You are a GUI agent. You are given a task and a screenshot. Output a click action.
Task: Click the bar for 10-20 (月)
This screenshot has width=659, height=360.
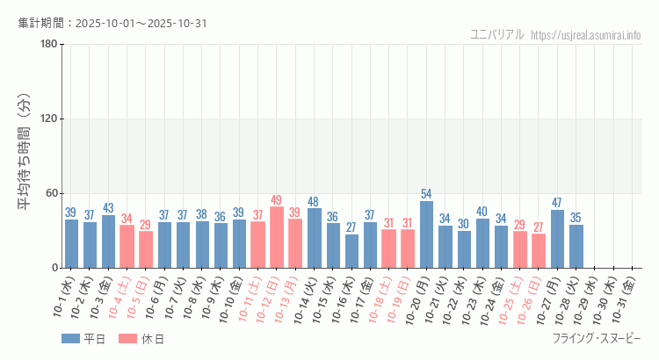426,234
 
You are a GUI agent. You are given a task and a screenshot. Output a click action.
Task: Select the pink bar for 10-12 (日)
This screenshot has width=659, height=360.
277,237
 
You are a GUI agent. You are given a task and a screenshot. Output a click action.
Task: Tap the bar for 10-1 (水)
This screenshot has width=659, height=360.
71,243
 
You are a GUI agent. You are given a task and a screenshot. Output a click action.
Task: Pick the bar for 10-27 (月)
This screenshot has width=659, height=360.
557,239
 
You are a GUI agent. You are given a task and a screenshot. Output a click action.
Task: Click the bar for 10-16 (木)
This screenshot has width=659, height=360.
351,251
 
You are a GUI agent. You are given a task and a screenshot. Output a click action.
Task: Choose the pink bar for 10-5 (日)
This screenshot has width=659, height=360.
146,249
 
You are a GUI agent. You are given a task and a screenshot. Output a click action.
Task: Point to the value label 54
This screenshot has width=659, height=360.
426,194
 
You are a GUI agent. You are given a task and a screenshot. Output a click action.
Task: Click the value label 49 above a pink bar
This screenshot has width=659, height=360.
277,200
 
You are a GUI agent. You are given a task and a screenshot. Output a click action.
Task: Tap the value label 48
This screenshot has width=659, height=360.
314,202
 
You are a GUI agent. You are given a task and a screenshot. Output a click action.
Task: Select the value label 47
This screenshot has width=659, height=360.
557,203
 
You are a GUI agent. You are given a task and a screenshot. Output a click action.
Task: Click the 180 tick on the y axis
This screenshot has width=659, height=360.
49,45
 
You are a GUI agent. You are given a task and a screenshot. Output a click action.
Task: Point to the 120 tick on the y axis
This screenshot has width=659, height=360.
49,119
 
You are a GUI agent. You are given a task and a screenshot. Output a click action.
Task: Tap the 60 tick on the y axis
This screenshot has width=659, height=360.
52,193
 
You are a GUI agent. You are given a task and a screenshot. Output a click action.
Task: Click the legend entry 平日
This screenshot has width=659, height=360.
83,339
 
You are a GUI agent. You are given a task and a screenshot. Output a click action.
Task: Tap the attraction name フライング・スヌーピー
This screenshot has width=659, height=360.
597,339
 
